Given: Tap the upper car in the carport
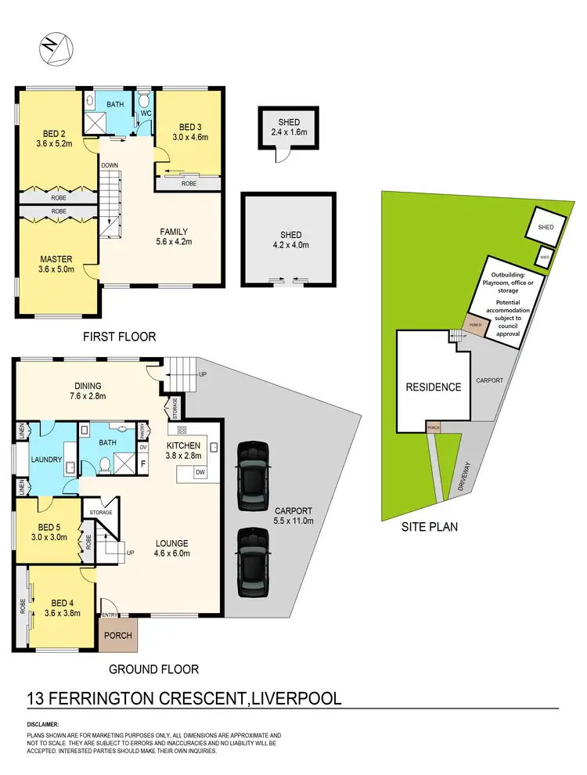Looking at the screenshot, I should point(254,475).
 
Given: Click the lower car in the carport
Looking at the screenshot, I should point(254,561).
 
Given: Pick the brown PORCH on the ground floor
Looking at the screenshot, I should point(118,635).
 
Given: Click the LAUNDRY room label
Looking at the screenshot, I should point(47,460).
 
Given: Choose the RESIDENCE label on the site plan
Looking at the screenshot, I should point(432,387).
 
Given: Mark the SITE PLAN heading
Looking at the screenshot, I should point(430,527).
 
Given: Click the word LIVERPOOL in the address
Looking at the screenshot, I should point(296,697).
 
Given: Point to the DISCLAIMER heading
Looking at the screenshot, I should point(49,725).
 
